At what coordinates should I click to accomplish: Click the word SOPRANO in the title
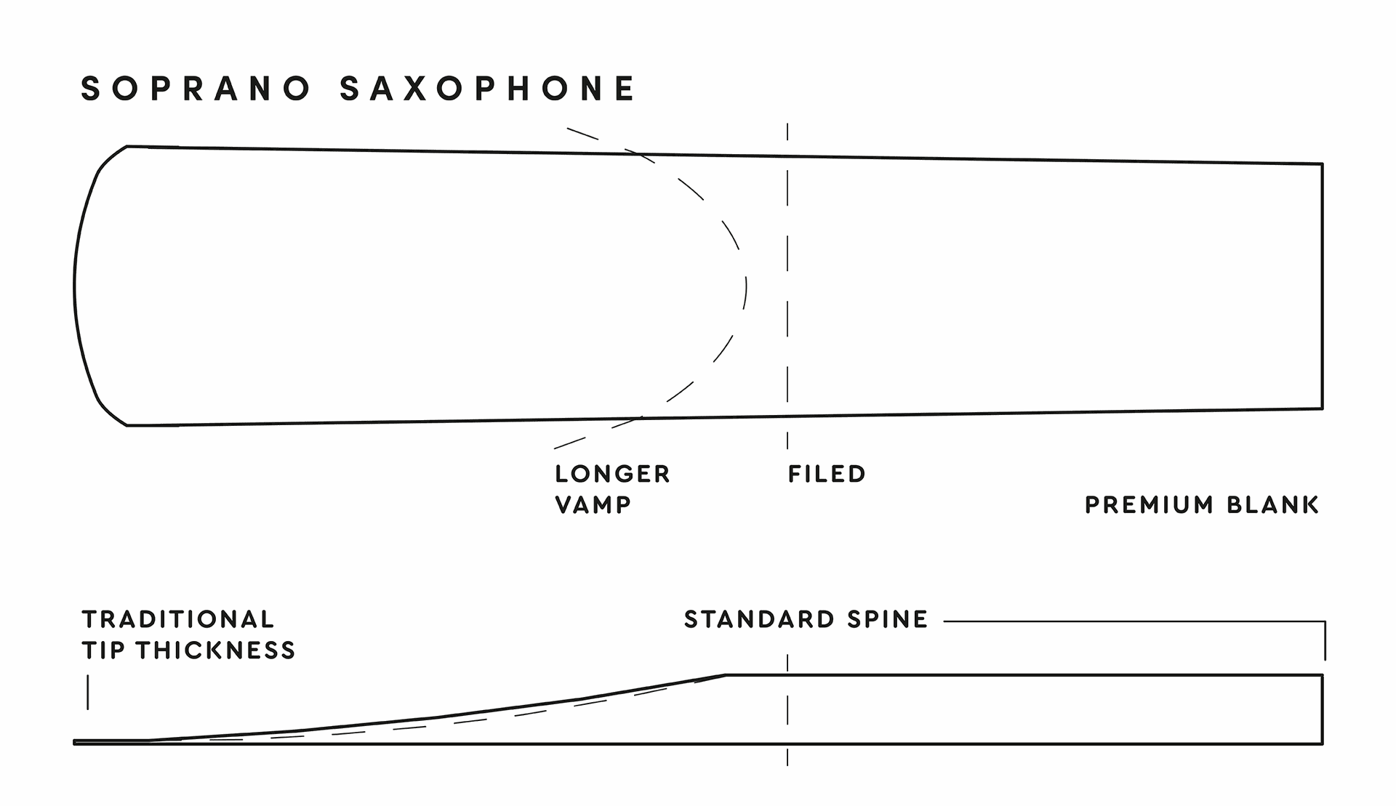pos(196,89)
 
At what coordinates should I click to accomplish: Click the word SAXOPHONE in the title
pos(488,89)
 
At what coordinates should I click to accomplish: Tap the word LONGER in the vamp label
pos(612,474)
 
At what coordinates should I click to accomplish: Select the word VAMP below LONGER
pos(593,504)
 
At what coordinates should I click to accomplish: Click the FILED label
pos(827,474)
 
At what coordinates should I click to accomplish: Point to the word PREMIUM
pos(1149,504)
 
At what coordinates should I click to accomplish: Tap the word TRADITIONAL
pos(178,619)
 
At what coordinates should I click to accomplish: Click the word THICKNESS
pos(216,650)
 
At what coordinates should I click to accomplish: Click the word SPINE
pos(888,619)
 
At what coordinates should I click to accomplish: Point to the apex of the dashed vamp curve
pos(746,286)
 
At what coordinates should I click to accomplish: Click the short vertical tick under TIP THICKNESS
pos(88,692)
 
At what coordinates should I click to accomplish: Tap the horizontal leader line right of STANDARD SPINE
pos(1134,621)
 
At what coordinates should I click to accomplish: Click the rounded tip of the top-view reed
pos(75,286)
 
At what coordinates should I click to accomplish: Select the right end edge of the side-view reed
pos(1322,709)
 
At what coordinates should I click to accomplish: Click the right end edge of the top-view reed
pos(1322,286)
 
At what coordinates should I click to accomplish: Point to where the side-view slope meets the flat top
pos(726,675)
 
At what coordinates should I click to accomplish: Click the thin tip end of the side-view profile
pos(75,742)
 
